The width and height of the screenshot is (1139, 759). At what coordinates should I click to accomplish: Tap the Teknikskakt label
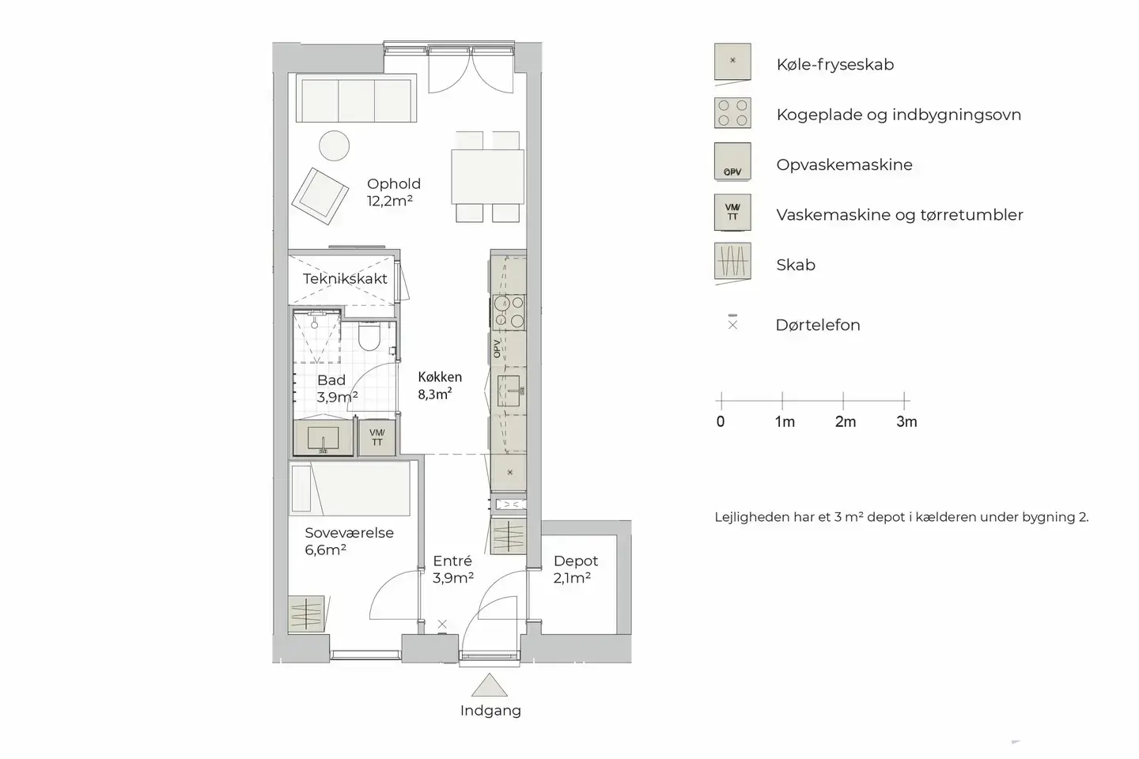(x=345, y=279)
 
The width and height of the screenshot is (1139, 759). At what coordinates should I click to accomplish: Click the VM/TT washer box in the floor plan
(x=377, y=437)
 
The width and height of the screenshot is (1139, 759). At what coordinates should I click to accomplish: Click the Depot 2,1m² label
(x=575, y=569)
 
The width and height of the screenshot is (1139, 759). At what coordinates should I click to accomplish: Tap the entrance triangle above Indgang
(x=490, y=685)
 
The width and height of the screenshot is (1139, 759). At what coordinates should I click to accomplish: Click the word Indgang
(x=490, y=711)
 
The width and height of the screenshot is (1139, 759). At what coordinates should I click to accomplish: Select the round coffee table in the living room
(x=335, y=145)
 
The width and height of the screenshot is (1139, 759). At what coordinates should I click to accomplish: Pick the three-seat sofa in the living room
(x=355, y=99)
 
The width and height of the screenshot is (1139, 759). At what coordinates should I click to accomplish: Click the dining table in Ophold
(x=487, y=176)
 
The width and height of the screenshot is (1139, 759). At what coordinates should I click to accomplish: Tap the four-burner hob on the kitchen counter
(x=509, y=311)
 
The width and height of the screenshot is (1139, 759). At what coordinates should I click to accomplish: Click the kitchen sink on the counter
(x=509, y=391)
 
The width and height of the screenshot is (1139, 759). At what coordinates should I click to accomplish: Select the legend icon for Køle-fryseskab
(x=732, y=62)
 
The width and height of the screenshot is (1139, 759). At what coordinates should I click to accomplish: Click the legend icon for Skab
(x=732, y=262)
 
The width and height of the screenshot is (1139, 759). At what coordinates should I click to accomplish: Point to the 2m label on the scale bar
(x=845, y=422)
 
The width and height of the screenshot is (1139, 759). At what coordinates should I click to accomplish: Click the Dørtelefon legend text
(x=817, y=325)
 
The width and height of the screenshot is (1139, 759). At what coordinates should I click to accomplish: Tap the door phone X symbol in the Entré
(x=442, y=625)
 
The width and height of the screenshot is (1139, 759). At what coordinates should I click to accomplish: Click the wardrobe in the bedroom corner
(x=306, y=613)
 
